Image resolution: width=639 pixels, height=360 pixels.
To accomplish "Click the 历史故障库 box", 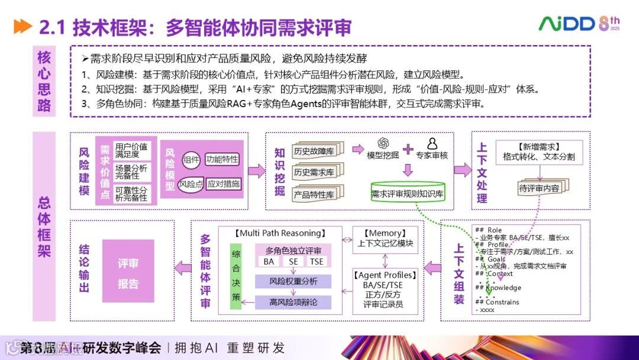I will pyautogui.click(x=314, y=151).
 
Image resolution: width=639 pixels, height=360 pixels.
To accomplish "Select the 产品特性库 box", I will pyautogui.click(x=314, y=194).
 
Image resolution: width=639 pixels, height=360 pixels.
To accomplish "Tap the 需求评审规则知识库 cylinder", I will pyautogui.click(x=408, y=193).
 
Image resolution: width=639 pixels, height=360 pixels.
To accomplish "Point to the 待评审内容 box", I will pyautogui.click(x=538, y=188).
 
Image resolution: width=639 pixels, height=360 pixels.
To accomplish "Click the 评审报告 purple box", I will pyautogui.click(x=128, y=273).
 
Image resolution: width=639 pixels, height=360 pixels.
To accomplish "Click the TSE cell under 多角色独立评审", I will pyautogui.click(x=317, y=261).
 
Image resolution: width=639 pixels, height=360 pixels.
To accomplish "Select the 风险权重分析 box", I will pyautogui.click(x=293, y=281).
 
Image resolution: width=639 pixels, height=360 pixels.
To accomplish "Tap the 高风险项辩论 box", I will pyautogui.click(x=293, y=301).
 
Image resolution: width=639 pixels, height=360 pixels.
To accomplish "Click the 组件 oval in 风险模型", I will pyautogui.click(x=191, y=159).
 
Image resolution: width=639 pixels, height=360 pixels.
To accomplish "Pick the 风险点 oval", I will pyautogui.click(x=191, y=184).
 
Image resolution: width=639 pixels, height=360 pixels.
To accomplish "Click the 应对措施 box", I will pyautogui.click(x=224, y=184).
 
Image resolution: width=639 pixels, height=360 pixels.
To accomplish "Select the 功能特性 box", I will pyautogui.click(x=222, y=159).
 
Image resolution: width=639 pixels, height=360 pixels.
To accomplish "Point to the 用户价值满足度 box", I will pyautogui.click(x=132, y=150).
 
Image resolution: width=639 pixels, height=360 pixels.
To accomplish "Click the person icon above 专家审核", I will pyautogui.click(x=432, y=144).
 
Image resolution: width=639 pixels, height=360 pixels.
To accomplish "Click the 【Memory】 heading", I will pyautogui.click(x=385, y=233).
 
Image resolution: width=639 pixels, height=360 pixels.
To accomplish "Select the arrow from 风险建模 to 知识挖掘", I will pyautogui.click(x=256, y=171).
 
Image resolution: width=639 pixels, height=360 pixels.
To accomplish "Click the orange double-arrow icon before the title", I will pyautogui.click(x=22, y=27).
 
